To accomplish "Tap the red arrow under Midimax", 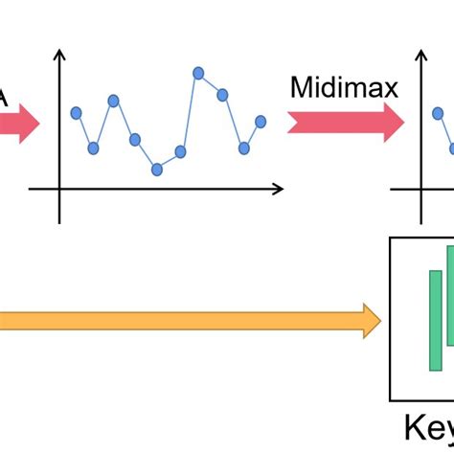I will click(346, 123).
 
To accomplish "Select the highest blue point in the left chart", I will click(198, 72).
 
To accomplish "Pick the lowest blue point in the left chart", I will click(157, 170).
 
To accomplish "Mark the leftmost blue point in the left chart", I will click(77, 113).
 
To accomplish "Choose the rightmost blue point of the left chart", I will click(261, 121).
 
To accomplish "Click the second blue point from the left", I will click(93, 148).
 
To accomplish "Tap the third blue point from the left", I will click(113, 100).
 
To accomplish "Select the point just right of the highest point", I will click(222, 94).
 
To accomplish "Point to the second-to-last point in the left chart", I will click(244, 148).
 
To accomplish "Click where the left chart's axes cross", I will click(60, 190).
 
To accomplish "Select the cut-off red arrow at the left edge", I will click(17, 123).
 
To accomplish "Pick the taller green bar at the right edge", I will click(449, 295).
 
